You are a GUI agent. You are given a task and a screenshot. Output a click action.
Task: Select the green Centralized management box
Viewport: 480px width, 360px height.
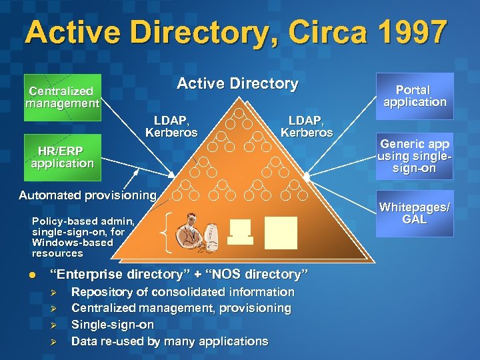[63, 97]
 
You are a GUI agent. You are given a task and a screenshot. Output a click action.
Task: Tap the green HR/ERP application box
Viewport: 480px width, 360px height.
[63, 157]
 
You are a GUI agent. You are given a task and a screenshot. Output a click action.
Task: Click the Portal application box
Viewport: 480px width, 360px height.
[415, 96]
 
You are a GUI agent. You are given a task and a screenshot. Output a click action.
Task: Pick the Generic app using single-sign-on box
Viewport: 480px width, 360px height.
[415, 156]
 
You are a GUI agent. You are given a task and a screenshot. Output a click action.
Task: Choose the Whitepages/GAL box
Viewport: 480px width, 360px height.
[415, 213]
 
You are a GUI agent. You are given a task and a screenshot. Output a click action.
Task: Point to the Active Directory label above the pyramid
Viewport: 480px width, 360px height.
[237, 83]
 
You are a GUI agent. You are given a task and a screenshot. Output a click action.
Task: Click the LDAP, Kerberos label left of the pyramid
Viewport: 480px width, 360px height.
[171, 126]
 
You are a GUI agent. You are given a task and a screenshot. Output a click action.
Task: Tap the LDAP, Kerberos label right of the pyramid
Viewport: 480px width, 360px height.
[306, 126]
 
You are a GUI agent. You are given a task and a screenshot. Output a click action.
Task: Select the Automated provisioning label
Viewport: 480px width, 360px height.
[87, 195]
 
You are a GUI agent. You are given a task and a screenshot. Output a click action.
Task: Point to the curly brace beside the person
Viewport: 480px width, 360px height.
[167, 233]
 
